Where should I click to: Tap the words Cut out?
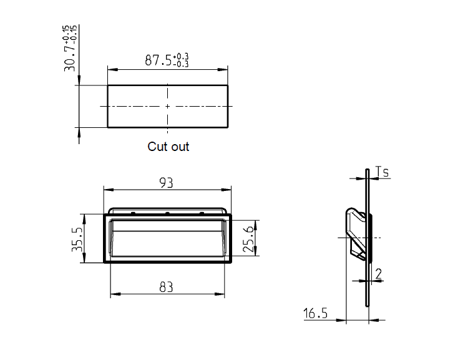point(168,147)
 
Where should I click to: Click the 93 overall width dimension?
point(167,182)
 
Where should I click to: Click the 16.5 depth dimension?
point(316,313)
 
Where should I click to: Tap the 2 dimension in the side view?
point(378,273)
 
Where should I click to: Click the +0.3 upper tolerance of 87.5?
point(182,57)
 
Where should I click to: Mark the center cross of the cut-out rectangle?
point(167,106)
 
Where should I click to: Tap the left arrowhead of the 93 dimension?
point(105,189)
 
